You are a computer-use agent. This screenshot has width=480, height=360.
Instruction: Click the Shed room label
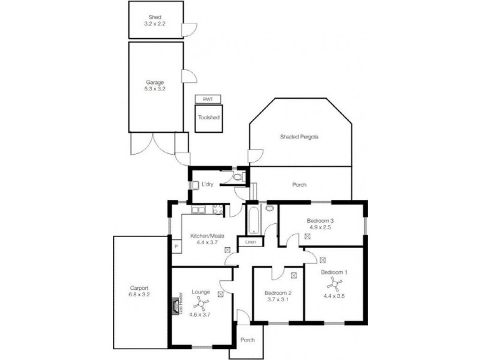(155, 17)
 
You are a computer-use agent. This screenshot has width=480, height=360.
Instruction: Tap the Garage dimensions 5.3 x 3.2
(155, 88)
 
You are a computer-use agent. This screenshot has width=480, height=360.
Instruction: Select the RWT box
(208, 99)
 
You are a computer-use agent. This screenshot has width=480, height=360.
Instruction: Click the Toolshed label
(208, 118)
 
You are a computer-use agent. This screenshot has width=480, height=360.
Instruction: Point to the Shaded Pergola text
(299, 137)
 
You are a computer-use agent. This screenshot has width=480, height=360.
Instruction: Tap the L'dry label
(208, 184)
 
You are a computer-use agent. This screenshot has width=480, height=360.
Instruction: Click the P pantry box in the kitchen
(176, 246)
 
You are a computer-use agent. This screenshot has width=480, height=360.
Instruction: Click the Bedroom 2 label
(278, 293)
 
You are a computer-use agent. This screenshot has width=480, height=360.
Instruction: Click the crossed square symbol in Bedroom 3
(308, 236)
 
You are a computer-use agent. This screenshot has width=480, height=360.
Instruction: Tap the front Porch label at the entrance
(247, 340)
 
